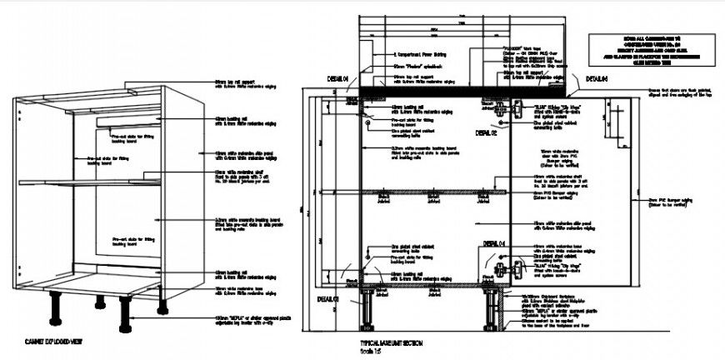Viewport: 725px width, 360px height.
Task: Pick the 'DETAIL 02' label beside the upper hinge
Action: pos(485,133)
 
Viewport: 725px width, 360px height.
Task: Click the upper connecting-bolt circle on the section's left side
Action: pos(367,123)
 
